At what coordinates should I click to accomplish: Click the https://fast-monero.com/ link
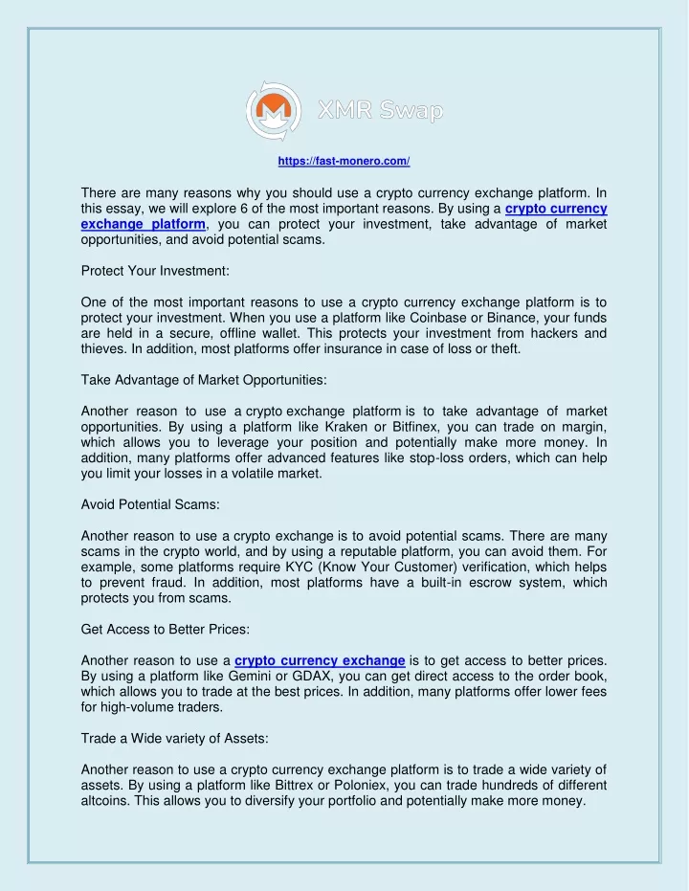(x=344, y=162)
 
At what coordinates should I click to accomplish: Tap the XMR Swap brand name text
(x=381, y=113)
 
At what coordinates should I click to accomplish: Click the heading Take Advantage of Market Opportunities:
(x=204, y=380)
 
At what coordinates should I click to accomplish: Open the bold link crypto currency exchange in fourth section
(x=320, y=659)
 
